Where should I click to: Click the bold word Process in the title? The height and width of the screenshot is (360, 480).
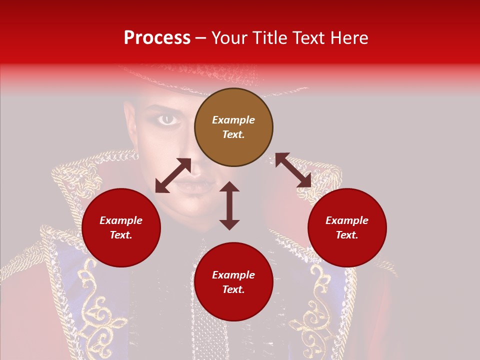tap(157, 38)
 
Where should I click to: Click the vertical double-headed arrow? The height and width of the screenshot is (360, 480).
tap(229, 205)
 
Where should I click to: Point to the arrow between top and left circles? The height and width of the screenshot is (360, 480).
tap(173, 175)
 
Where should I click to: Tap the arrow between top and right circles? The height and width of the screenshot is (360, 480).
tap(293, 170)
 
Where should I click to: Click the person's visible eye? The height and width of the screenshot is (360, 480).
tap(167, 119)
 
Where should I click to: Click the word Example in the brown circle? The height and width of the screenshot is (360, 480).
tap(233, 120)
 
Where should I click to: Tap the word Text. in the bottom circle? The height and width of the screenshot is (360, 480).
tap(233, 289)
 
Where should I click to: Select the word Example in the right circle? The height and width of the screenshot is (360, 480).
tap(347, 220)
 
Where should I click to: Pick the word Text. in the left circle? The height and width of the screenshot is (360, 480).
tap(121, 235)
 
